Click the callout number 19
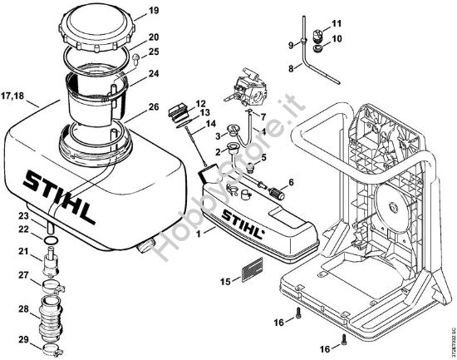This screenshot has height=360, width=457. point(153,11)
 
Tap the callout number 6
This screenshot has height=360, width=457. point(291,182)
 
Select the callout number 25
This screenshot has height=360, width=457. point(152,52)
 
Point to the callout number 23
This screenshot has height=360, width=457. point(24,216)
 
